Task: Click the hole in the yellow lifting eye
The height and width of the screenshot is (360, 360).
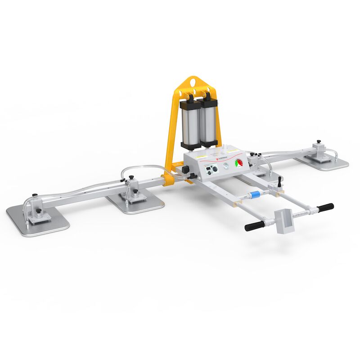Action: pyautogui.click(x=194, y=82)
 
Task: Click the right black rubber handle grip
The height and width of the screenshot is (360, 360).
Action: pyautogui.click(x=325, y=207)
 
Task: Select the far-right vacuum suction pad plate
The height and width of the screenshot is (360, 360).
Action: pyautogui.click(x=322, y=161)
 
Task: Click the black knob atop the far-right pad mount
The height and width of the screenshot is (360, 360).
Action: pyautogui.click(x=319, y=142)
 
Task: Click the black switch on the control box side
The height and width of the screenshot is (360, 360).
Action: pyautogui.click(x=185, y=170)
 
